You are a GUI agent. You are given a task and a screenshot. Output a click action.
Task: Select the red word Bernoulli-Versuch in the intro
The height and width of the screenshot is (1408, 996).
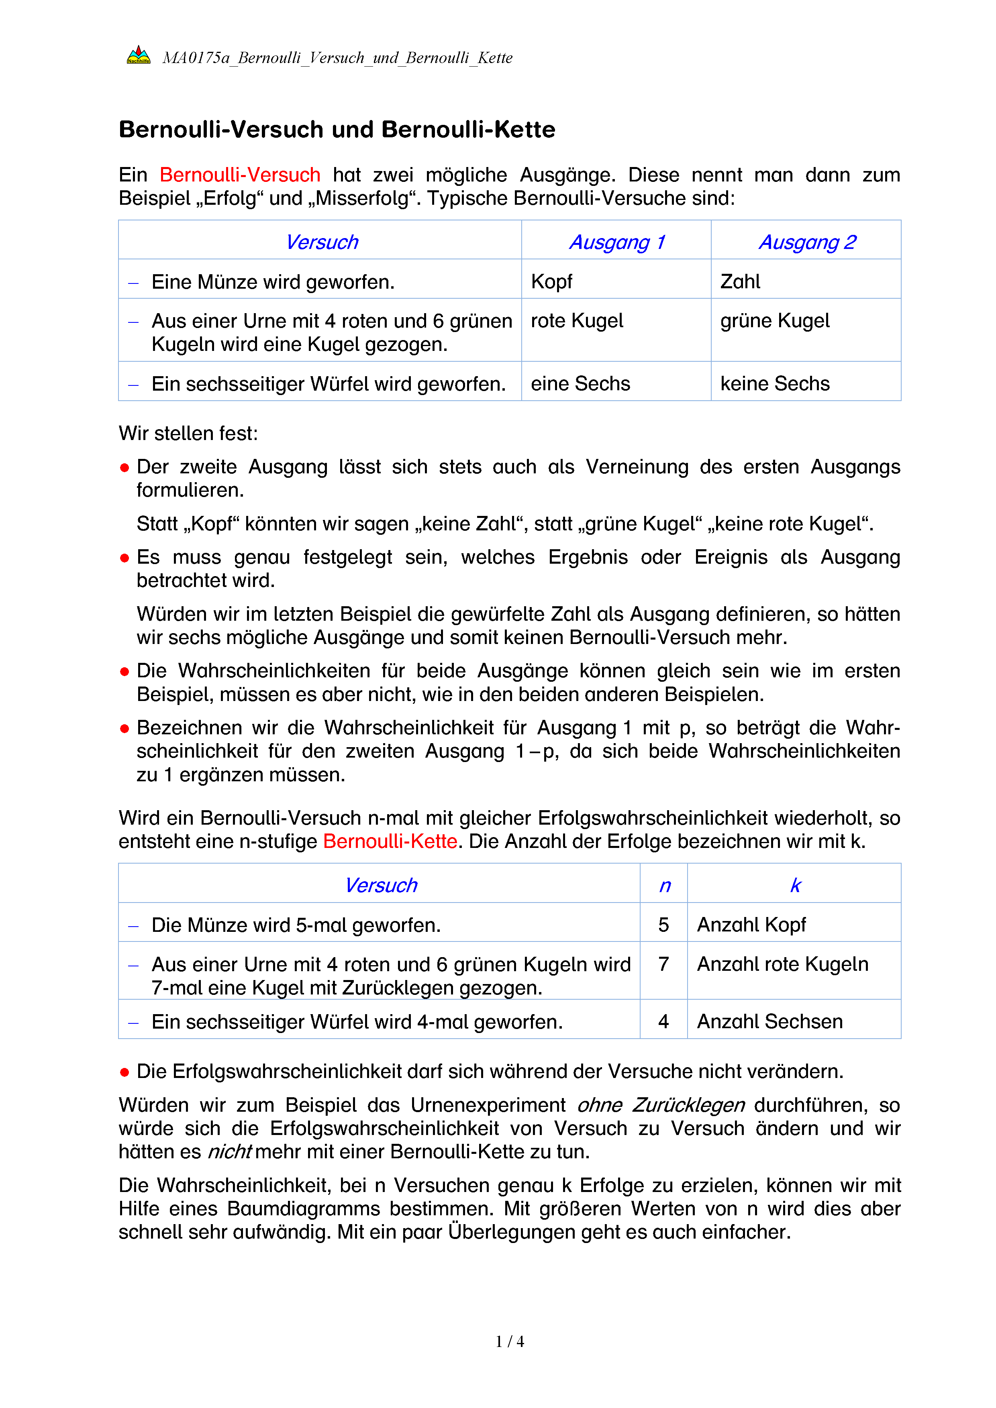coord(240,175)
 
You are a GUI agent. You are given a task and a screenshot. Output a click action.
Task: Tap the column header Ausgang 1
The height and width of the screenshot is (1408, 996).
coord(617,242)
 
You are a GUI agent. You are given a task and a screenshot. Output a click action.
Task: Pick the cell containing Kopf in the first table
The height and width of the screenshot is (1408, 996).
coord(551,281)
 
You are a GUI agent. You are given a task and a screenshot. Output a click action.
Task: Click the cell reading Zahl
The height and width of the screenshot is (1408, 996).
coord(740,281)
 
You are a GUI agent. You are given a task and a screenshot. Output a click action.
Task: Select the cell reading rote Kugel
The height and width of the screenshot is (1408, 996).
coord(576,321)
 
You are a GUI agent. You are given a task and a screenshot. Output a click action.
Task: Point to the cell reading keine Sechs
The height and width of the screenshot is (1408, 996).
coord(775,383)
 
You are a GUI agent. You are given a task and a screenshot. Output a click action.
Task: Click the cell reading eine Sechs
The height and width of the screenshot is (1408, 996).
coord(580,383)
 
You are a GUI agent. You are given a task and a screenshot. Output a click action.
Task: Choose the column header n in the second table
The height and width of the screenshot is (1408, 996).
coord(665,886)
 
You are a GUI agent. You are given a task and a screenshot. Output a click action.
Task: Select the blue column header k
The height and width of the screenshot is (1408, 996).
coord(796,886)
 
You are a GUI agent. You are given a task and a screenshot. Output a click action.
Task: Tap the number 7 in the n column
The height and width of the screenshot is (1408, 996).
coord(663,964)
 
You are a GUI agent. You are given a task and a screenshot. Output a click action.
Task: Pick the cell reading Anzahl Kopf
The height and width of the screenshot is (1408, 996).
coord(751,925)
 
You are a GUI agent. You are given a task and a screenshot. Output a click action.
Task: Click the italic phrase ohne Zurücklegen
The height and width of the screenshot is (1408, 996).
coord(661,1105)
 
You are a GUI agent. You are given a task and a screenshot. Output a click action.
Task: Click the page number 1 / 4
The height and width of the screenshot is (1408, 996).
coord(510,1342)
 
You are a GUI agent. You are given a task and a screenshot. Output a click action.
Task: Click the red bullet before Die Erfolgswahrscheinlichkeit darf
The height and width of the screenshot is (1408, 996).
coord(124,1072)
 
